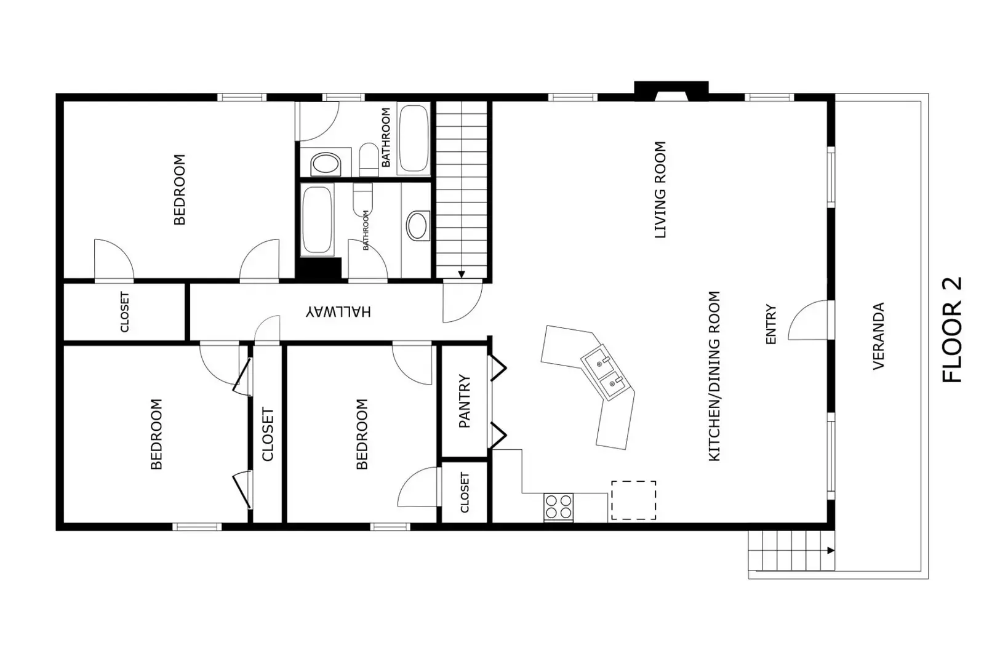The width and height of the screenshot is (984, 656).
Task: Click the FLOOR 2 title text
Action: [951, 330]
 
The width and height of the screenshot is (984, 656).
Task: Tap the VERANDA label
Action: [878, 336]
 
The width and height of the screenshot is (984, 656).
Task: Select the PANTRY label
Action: [465, 401]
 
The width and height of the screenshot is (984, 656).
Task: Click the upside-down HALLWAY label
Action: [338, 311]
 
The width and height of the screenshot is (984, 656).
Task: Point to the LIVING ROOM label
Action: [660, 190]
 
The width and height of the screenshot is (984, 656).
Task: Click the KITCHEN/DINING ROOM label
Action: [714, 375]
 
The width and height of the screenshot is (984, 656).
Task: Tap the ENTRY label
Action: [770, 324]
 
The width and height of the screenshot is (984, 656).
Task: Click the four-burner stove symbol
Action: [558, 508]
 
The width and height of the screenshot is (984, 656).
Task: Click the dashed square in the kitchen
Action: [633, 500]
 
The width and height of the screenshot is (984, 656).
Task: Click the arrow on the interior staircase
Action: [462, 274]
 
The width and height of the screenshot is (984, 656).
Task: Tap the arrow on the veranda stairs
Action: [830, 550]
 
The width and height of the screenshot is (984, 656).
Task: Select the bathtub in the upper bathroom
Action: [414, 140]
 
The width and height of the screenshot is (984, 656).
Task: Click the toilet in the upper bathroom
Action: [369, 159]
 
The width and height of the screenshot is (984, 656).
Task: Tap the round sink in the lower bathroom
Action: [418, 226]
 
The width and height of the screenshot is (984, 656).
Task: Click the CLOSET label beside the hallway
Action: [125, 311]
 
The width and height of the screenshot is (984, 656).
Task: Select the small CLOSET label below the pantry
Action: [465, 492]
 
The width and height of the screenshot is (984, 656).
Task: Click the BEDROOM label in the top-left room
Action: [179, 190]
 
